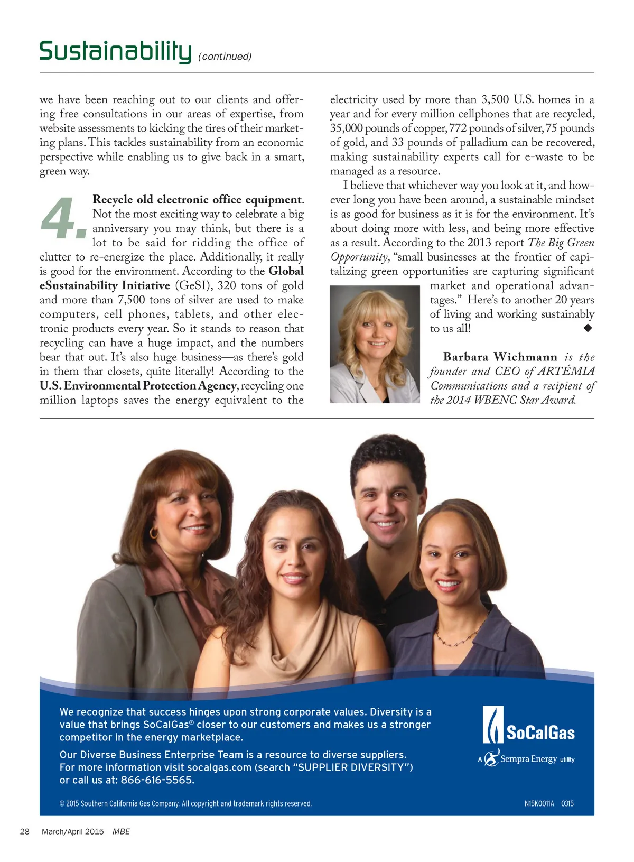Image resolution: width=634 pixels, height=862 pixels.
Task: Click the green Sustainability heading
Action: (115, 51)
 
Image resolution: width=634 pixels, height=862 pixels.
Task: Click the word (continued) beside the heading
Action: (225, 57)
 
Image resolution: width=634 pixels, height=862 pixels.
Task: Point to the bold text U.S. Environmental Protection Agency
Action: (138, 386)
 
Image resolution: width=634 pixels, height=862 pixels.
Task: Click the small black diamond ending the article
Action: (588, 328)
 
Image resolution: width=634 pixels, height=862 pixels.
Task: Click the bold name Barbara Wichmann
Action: (500, 357)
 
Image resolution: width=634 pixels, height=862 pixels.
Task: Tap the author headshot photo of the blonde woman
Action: (374, 344)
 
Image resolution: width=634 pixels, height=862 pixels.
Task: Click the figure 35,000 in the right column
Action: (346, 128)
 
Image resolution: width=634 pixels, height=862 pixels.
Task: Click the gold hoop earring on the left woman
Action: (153, 532)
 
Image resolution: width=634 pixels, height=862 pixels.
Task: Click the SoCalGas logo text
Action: (540, 733)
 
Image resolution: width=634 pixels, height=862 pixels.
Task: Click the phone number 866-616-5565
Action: (157, 780)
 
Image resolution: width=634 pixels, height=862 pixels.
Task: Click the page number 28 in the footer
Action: (25, 831)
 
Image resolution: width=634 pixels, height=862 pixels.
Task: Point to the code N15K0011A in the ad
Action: (539, 803)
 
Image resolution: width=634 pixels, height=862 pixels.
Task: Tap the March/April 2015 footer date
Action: (73, 831)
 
